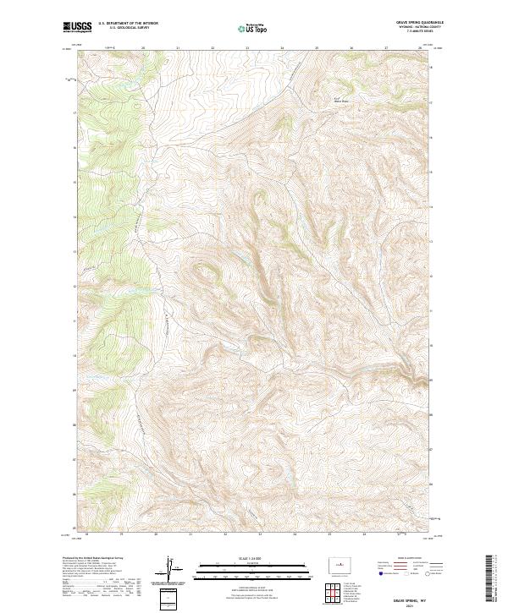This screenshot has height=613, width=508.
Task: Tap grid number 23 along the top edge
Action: point(247,48)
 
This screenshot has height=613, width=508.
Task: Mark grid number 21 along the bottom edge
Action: point(190,534)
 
